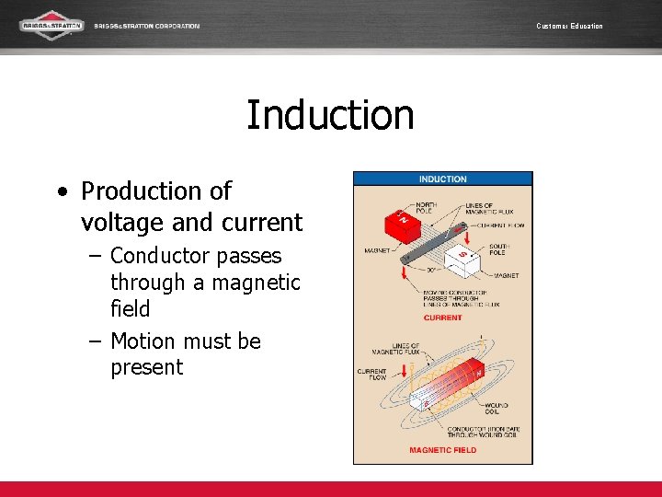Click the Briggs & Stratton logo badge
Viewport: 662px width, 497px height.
click(51, 25)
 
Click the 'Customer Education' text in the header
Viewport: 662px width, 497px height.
click(569, 26)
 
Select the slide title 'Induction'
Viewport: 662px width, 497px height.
click(330, 115)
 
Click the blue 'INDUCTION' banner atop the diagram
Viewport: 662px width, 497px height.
click(442, 179)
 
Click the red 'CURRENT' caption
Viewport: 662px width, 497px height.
click(442, 318)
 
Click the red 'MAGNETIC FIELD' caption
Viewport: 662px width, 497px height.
click(442, 450)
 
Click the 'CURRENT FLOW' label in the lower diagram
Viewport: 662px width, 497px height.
click(371, 374)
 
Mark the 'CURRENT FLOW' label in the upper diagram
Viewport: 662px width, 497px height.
click(507, 225)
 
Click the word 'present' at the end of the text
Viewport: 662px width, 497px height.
click(146, 367)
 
